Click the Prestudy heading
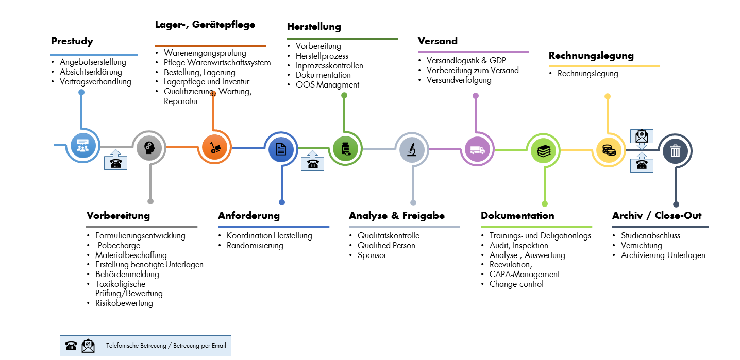pyautogui.click(x=72, y=41)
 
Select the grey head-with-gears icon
pyautogui.click(x=149, y=148)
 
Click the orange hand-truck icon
pyautogui.click(x=215, y=147)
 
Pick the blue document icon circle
pyautogui.click(x=281, y=149)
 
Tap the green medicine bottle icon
pyautogui.click(x=345, y=148)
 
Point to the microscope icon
pyautogui.click(x=412, y=149)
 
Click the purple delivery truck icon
pyautogui.click(x=477, y=149)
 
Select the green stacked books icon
pyautogui.click(x=543, y=150)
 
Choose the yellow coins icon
pyautogui.click(x=609, y=150)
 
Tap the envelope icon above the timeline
pyautogui.click(x=642, y=136)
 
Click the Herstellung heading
pyautogui.click(x=314, y=27)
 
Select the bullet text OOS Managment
pyautogui.click(x=327, y=85)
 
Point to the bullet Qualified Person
pyautogui.click(x=386, y=246)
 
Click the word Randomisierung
pyautogui.click(x=255, y=246)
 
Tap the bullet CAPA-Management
pyautogui.click(x=524, y=275)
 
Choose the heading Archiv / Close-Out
pyautogui.click(x=657, y=216)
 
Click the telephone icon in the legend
pyautogui.click(x=71, y=346)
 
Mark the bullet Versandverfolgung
pyautogui.click(x=459, y=80)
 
